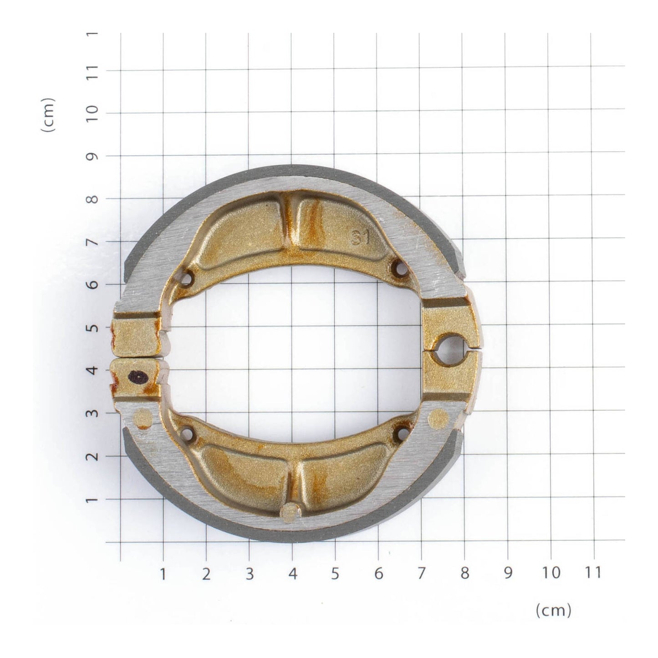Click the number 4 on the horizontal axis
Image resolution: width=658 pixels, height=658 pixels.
(x=292, y=573)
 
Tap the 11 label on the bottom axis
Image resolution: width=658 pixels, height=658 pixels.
(x=593, y=572)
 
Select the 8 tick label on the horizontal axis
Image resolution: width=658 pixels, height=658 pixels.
(x=464, y=573)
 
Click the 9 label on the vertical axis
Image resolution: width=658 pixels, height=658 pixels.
(x=93, y=156)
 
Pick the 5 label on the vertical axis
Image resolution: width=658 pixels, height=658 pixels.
(x=93, y=327)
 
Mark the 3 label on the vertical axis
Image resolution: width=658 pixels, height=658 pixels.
(x=93, y=413)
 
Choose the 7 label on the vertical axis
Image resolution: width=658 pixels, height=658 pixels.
(x=93, y=242)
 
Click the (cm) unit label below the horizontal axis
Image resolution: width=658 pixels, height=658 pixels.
(x=553, y=611)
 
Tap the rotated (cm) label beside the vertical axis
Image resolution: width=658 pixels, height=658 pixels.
(x=48, y=115)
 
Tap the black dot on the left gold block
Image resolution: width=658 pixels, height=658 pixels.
(x=137, y=377)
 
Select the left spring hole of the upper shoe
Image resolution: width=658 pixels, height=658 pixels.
(x=187, y=277)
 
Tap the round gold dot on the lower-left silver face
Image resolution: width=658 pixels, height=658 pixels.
(x=144, y=417)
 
